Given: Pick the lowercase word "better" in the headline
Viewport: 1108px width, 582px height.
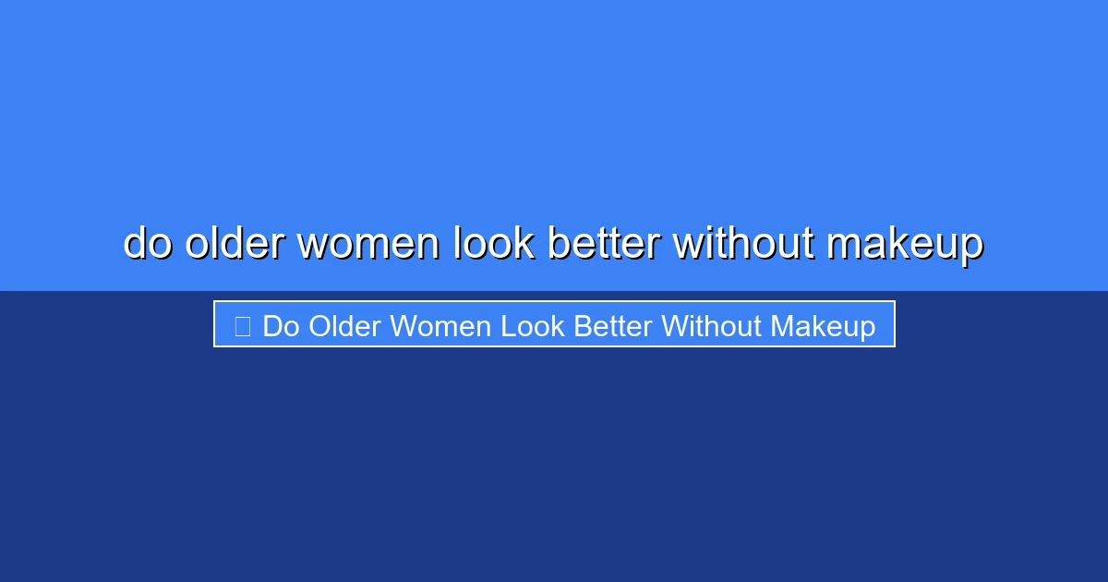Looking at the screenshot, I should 603,244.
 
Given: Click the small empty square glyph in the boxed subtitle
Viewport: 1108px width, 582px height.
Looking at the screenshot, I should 243,326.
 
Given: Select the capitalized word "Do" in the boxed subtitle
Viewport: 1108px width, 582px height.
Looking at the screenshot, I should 282,326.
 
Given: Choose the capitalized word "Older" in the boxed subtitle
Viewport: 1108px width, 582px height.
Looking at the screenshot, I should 344,326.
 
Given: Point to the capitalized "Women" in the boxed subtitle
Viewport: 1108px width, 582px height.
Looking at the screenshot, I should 440,326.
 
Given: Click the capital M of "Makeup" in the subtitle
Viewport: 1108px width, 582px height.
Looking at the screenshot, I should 782,326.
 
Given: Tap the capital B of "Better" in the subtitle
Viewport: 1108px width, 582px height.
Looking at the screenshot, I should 582,326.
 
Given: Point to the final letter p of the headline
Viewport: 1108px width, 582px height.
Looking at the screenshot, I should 971,247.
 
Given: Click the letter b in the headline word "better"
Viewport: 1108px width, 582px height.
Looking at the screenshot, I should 558,244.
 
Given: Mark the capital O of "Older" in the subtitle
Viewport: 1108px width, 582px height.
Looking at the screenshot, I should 320,326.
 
